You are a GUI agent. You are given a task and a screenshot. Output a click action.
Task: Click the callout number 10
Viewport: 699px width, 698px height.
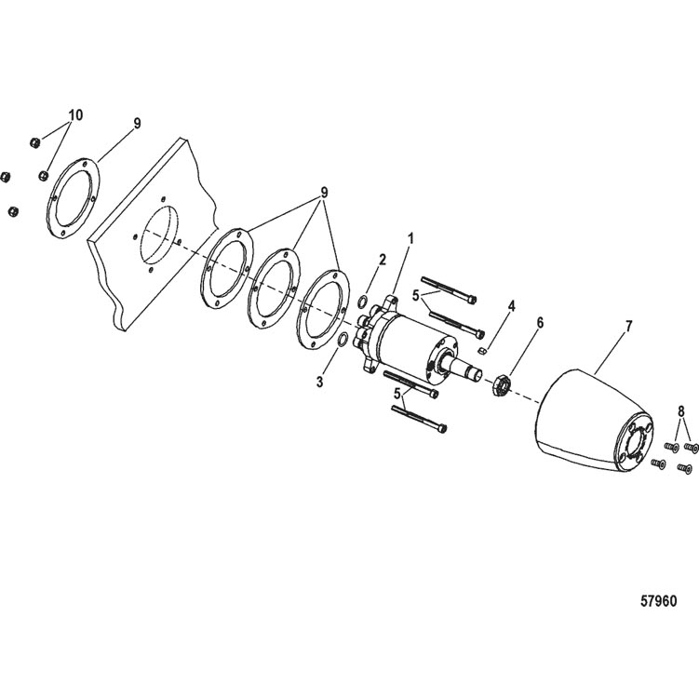[75, 115]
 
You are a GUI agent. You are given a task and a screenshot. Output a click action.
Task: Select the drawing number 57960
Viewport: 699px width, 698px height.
[658, 601]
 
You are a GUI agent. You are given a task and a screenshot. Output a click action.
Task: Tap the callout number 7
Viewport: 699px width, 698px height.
[628, 327]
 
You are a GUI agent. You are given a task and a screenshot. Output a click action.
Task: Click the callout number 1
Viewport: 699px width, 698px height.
[410, 239]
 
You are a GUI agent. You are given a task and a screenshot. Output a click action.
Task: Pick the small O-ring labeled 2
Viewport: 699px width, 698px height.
[363, 302]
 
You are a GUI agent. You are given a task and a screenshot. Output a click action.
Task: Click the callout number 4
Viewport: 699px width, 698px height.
[511, 306]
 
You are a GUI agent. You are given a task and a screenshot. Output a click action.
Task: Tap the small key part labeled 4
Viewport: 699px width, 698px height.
[480, 351]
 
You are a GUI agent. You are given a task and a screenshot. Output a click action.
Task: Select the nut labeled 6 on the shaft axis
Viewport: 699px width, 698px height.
[501, 385]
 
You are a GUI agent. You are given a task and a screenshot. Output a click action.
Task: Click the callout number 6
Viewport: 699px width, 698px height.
[540, 323]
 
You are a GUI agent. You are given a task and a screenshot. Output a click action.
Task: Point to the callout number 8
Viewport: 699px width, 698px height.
[680, 412]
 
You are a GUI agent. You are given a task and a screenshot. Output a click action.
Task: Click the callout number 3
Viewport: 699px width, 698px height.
[319, 382]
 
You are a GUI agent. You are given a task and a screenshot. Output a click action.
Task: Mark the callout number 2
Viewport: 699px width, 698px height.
[383, 260]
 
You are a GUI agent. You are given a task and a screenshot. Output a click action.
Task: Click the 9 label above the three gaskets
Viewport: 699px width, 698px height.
[324, 193]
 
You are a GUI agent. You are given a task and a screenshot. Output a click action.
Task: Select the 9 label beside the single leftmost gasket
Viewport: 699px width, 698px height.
[138, 123]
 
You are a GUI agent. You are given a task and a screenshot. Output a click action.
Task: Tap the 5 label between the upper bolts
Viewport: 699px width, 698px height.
[416, 296]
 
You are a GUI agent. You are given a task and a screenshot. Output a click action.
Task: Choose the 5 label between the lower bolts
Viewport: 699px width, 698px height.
[397, 394]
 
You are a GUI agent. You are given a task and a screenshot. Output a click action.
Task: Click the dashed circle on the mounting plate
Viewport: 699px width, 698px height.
[159, 235]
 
